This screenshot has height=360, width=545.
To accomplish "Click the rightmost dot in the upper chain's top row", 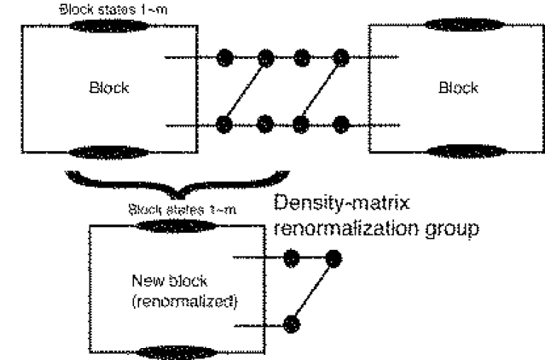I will [x=341, y=58].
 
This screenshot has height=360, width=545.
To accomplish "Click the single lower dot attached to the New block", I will [x=292, y=323].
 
